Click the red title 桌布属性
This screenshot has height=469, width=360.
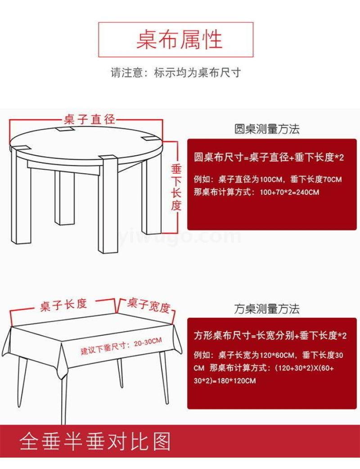click(x=180, y=39)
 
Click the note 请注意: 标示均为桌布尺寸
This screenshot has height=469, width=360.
click(x=176, y=72)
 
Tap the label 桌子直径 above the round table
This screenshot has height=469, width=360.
click(x=89, y=120)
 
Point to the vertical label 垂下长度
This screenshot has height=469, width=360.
click(x=176, y=188)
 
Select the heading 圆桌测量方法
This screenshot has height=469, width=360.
click(x=267, y=129)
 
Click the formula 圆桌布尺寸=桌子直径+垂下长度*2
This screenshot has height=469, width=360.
click(x=269, y=157)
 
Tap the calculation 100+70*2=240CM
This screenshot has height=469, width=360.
click(x=289, y=192)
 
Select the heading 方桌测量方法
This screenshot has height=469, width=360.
click(x=267, y=309)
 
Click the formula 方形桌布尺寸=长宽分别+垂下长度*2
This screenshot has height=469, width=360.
click(x=270, y=336)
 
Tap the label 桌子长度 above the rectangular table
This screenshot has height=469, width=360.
click(x=63, y=305)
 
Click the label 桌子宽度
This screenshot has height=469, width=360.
click(x=148, y=305)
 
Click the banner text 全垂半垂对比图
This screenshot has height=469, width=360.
click(x=95, y=441)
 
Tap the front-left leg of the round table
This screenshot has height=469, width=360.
click(x=21, y=196)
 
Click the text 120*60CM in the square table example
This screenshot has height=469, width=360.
click(x=277, y=355)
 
